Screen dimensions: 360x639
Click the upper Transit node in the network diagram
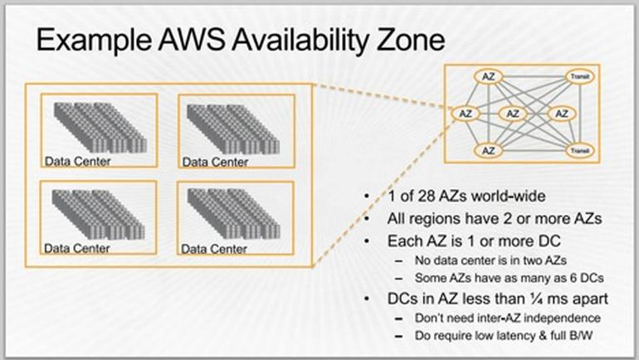click(x=578, y=77)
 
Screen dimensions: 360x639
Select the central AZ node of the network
click(x=513, y=113)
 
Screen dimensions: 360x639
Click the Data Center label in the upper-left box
click(x=76, y=161)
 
